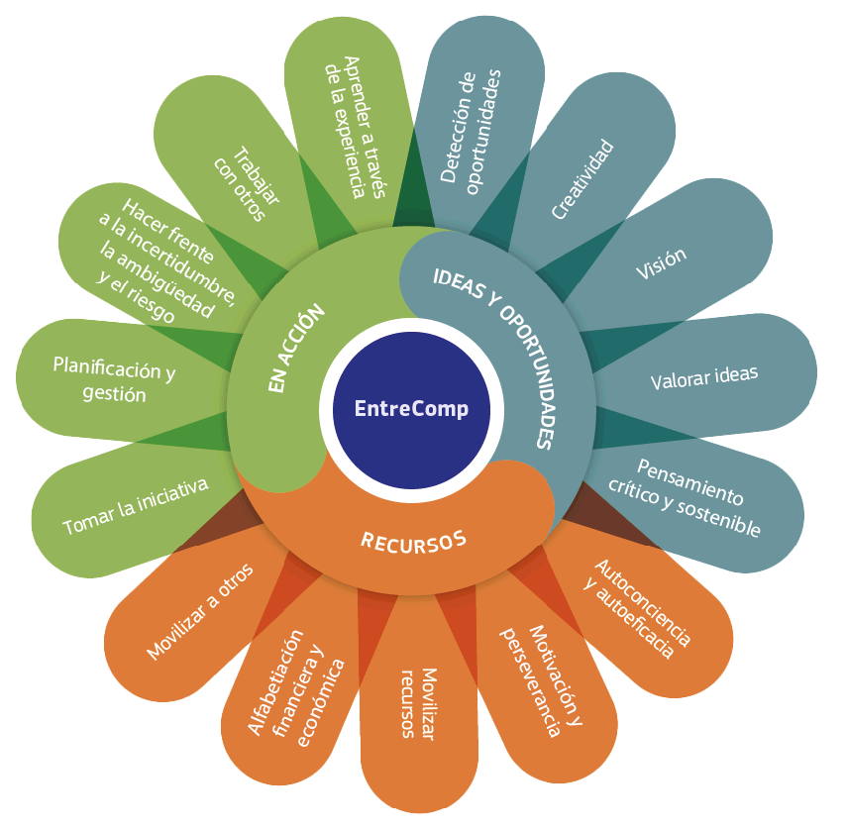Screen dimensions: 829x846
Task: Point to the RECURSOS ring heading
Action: [x=412, y=541]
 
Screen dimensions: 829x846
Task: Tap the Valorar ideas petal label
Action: [x=703, y=377]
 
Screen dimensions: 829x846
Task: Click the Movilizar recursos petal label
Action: [x=417, y=703]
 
